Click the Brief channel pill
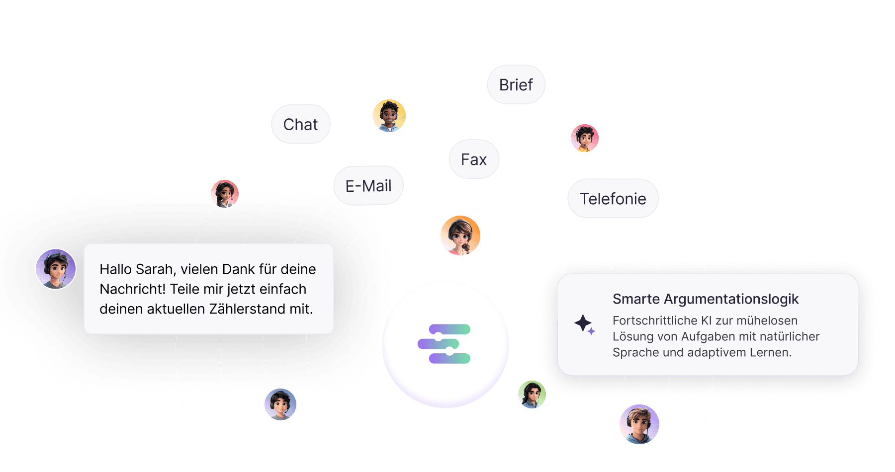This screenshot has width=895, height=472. [x=516, y=85]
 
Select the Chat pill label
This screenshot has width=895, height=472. [x=300, y=124]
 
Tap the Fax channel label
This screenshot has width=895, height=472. [x=473, y=159]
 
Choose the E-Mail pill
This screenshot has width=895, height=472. [x=368, y=186]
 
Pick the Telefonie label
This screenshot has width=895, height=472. [x=613, y=199]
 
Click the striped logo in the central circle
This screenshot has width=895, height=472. [x=445, y=344]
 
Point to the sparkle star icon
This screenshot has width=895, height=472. [x=584, y=324]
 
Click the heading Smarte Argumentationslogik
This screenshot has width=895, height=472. [x=705, y=299]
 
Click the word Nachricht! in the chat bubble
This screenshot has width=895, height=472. [x=132, y=289]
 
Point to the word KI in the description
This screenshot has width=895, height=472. [x=706, y=320]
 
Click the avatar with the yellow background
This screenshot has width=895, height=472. [x=389, y=116]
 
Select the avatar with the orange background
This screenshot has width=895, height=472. [x=460, y=236]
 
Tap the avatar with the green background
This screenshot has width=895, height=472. [x=532, y=394]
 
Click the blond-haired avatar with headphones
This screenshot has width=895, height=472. [x=639, y=424]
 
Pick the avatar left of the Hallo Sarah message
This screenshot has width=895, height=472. [x=56, y=269]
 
